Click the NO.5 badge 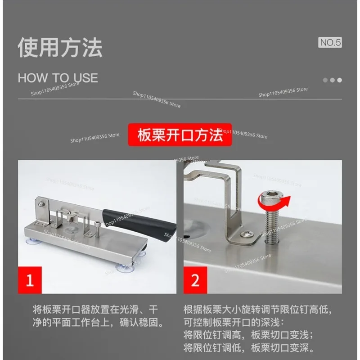point(330,42)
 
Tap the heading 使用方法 point(60,48)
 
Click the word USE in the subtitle point(86,78)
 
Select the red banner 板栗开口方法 point(180,135)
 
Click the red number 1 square point(30,280)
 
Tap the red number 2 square point(195,280)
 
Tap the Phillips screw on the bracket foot point(247,234)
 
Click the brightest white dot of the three point(340,80)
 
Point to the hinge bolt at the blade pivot point(41,204)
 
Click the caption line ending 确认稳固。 point(99,322)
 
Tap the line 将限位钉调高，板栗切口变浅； point(248,335)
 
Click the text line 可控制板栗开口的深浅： point(234,322)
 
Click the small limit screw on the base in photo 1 point(97,229)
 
